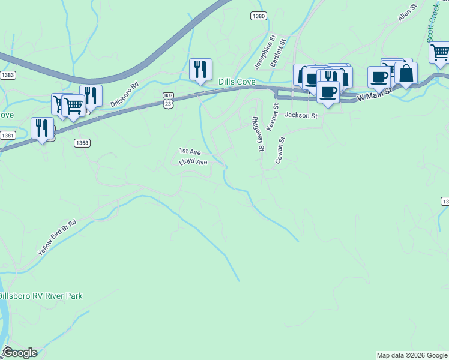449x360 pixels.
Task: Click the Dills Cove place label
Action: click(x=237, y=82)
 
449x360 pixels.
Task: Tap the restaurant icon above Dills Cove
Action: click(x=200, y=70)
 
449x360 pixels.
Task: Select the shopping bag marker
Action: click(x=406, y=74)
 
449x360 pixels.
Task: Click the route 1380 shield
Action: click(x=258, y=16)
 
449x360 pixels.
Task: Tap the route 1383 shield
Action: click(x=7, y=75)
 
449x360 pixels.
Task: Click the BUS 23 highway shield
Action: click(x=169, y=100)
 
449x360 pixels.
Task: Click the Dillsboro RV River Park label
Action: click(x=41, y=296)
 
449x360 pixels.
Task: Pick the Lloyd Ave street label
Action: click(x=193, y=162)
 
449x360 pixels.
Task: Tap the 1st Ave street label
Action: click(x=190, y=152)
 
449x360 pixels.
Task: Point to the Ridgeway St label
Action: click(x=258, y=133)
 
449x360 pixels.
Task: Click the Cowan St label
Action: click(x=280, y=149)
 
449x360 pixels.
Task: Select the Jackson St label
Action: click(x=301, y=115)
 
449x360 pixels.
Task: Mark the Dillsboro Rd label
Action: click(x=124, y=94)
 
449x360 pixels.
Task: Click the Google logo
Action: click(x=19, y=353)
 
